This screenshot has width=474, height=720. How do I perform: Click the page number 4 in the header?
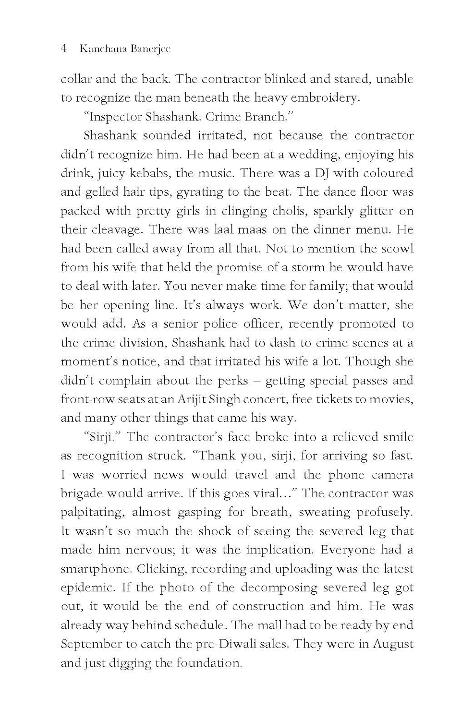tap(64, 49)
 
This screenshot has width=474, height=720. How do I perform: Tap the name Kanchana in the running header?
tap(100, 49)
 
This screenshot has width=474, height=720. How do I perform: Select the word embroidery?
tap(330, 98)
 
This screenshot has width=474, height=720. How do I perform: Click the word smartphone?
tap(95, 569)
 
